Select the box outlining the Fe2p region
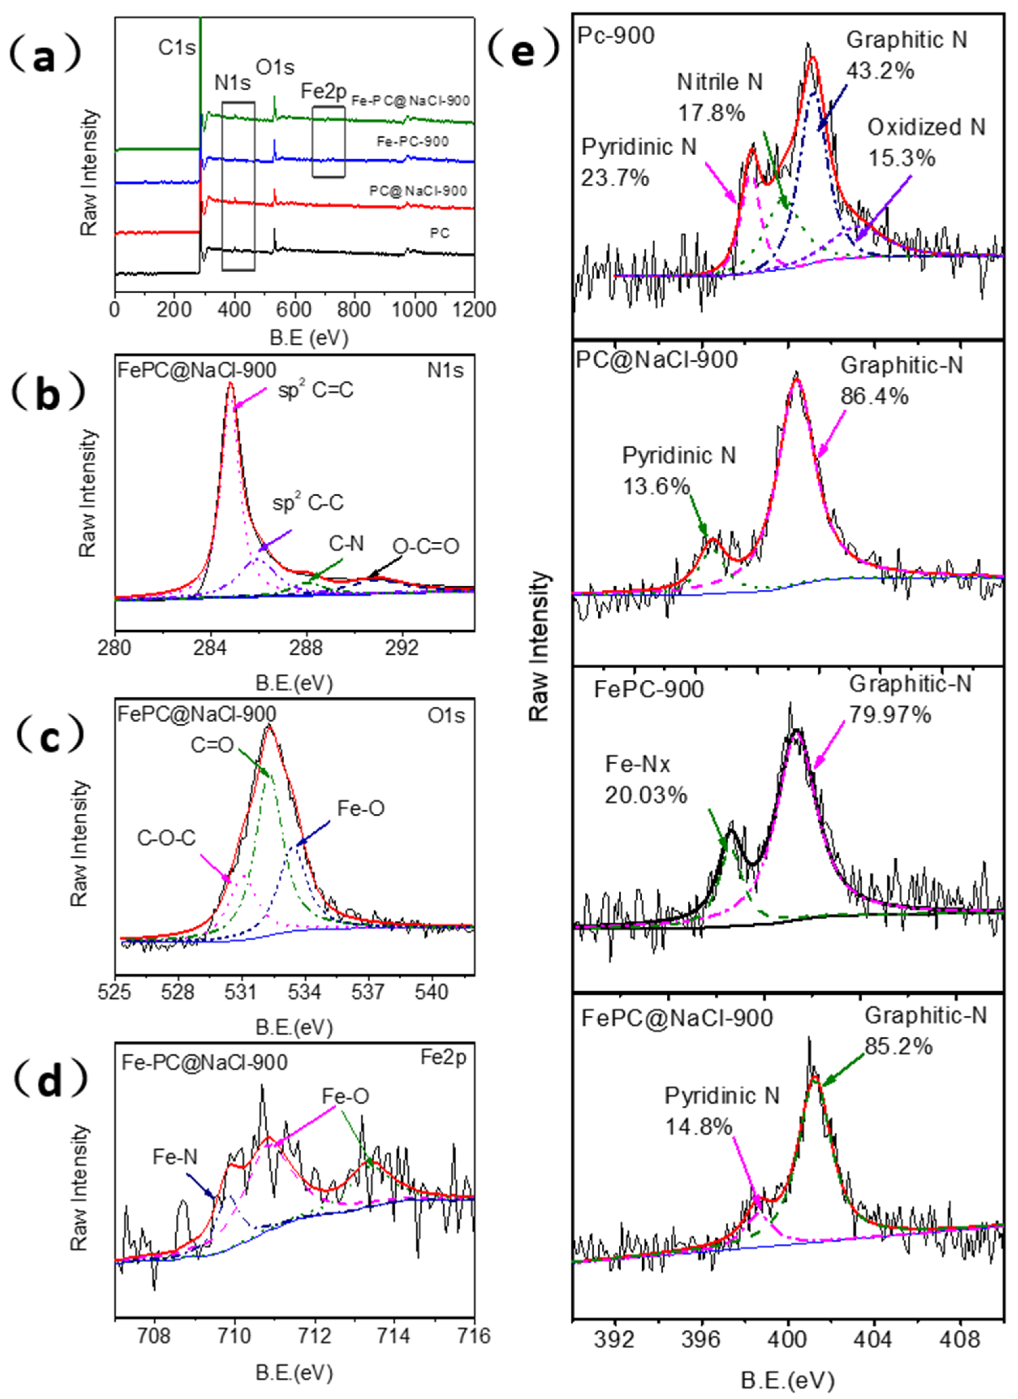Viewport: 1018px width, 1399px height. (x=328, y=142)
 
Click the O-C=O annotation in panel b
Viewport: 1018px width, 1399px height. (x=426, y=546)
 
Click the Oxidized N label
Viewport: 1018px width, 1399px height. (x=926, y=127)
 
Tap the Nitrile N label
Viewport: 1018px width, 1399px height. (x=720, y=82)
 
